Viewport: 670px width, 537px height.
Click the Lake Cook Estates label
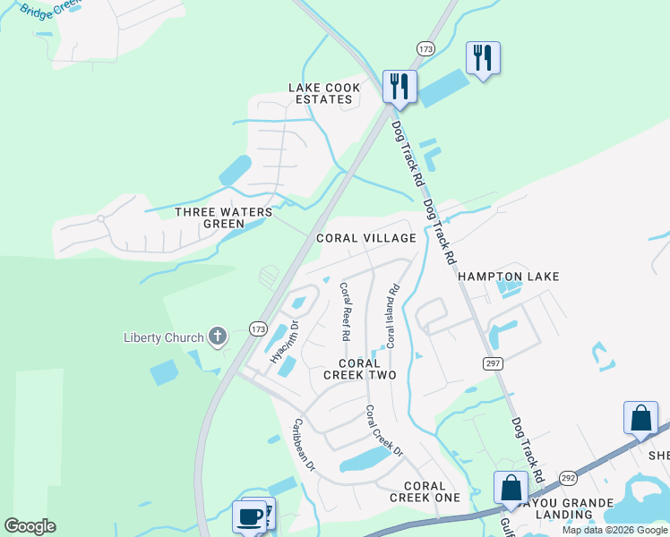click(324, 93)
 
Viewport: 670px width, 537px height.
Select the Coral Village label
click(366, 238)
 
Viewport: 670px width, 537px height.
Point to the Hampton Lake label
click(509, 277)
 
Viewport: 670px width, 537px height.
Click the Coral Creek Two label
click(359, 370)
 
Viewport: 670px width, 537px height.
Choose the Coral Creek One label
click(425, 491)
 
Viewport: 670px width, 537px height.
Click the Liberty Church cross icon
click(216, 337)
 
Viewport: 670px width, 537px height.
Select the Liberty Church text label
click(162, 337)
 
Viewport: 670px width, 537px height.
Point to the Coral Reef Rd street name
click(344, 311)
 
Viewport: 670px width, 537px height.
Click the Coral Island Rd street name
click(391, 316)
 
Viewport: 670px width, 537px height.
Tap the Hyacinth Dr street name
click(285, 341)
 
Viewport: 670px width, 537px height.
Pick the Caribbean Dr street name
click(305, 445)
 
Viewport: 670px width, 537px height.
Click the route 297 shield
click(493, 362)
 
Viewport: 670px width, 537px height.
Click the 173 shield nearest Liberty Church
click(258, 328)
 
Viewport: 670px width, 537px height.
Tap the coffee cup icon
click(248, 516)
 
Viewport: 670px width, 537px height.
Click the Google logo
click(30, 526)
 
